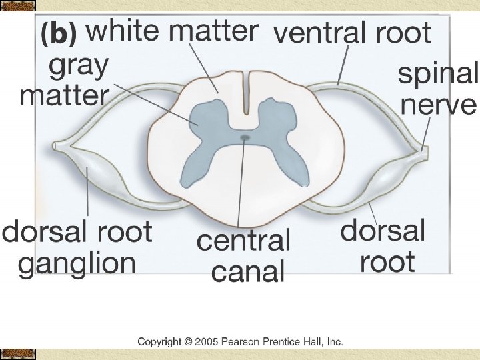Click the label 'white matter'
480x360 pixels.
[172, 31]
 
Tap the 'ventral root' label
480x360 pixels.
[353, 32]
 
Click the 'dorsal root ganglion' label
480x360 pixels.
[77, 248]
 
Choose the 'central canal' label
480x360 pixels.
[244, 255]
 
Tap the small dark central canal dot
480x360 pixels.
[245, 138]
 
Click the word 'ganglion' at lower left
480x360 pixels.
[77, 264]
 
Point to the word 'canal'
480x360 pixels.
[248, 271]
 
